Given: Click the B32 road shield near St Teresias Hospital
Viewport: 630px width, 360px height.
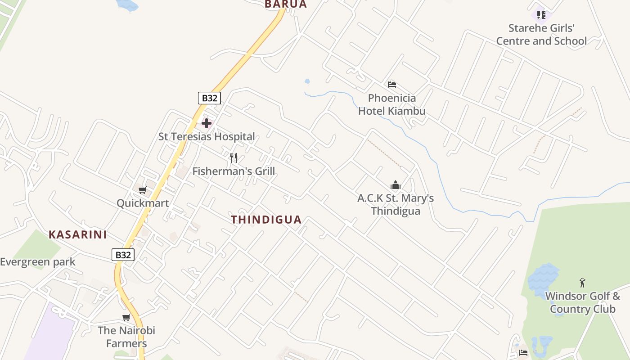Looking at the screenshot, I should pos(209,98).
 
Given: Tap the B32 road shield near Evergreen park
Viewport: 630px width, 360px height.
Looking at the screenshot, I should pos(123,255).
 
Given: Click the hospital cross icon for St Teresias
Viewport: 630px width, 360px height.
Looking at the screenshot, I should pos(207,123).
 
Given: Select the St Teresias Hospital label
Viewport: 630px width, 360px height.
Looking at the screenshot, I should pos(207,136).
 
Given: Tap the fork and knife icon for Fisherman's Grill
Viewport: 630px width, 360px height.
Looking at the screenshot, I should pos(234,157).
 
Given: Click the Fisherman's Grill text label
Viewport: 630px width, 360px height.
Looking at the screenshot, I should pos(234,171).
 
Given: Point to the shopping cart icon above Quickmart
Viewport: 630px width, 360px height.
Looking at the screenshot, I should pos(143,190).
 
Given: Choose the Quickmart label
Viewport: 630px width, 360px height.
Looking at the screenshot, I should pos(143,203).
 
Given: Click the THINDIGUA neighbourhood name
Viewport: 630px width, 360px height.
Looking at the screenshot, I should pos(266,220).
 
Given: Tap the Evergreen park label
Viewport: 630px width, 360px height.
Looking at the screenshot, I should pos(38,262).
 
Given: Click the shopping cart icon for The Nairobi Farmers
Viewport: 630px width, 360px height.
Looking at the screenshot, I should pos(126,318).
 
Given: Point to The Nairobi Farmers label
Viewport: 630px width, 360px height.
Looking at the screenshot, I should pos(126,337).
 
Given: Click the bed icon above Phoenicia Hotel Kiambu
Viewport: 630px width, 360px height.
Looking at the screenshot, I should pos(392,84).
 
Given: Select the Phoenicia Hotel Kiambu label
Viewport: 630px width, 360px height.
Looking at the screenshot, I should pos(392,104).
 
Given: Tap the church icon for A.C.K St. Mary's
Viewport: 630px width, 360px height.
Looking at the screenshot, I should pos(396,185).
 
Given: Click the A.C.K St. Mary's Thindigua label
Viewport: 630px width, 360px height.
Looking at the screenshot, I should pos(396,204).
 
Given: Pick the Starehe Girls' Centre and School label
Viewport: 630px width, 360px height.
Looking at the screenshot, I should pos(541,35).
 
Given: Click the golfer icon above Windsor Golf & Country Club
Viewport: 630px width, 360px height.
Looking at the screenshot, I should pos(583,283).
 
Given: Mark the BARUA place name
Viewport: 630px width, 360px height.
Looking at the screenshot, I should pos(286,4).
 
